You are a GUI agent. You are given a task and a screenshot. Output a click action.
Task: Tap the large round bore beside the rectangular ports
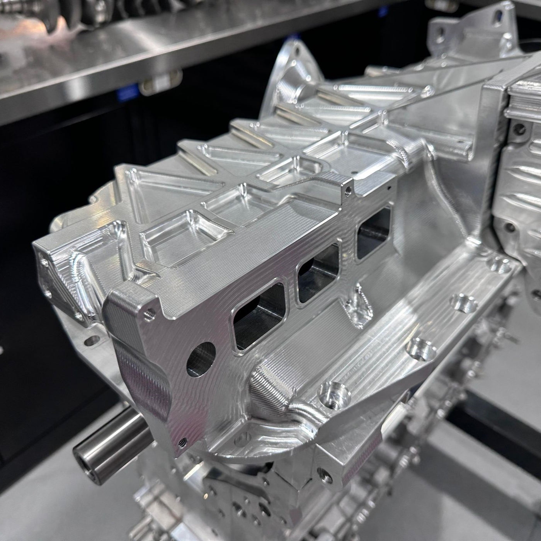point(201,359)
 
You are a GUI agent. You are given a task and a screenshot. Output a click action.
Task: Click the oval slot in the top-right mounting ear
point(496,17)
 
